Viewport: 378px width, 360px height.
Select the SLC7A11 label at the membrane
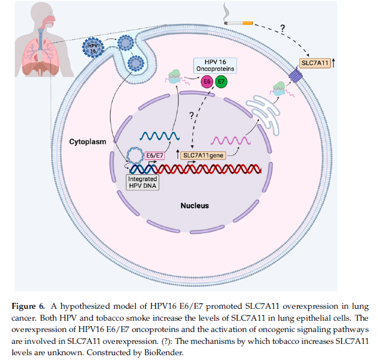click(315, 62)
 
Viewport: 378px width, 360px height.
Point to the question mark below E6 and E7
click(192, 115)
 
